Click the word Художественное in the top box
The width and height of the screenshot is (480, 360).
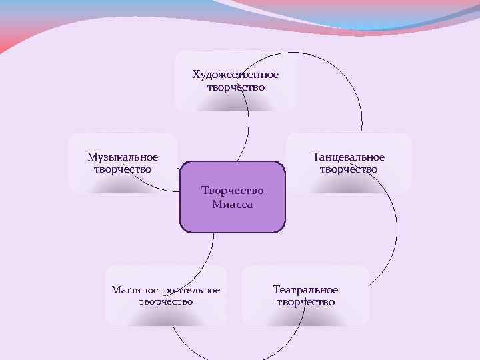click(x=235, y=74)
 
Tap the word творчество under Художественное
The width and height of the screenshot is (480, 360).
click(x=235, y=87)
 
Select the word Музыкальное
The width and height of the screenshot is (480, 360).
click(x=123, y=157)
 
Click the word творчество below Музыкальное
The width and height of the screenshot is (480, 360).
click(x=123, y=169)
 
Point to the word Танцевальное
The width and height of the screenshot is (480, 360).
click(x=349, y=157)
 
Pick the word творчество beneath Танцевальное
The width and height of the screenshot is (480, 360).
click(x=349, y=169)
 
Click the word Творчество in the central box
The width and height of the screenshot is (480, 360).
click(x=233, y=191)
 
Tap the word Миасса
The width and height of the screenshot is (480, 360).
click(x=233, y=204)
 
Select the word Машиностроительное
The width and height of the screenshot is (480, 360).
click(x=166, y=290)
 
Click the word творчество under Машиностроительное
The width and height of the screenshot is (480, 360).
click(x=166, y=302)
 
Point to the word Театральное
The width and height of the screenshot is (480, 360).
click(x=305, y=290)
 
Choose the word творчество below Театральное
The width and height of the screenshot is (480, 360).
click(x=305, y=302)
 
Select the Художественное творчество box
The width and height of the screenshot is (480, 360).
click(x=200, y=100)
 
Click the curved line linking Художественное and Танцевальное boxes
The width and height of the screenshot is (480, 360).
click(x=347, y=74)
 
